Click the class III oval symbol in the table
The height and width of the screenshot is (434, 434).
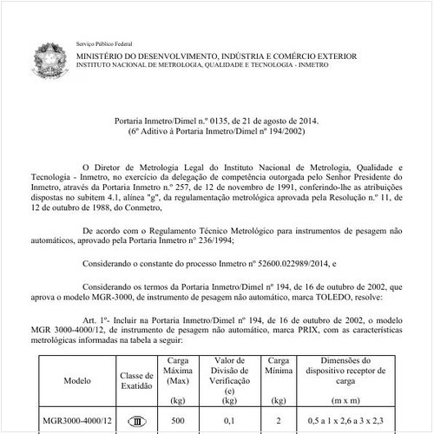[x=135, y=421]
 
